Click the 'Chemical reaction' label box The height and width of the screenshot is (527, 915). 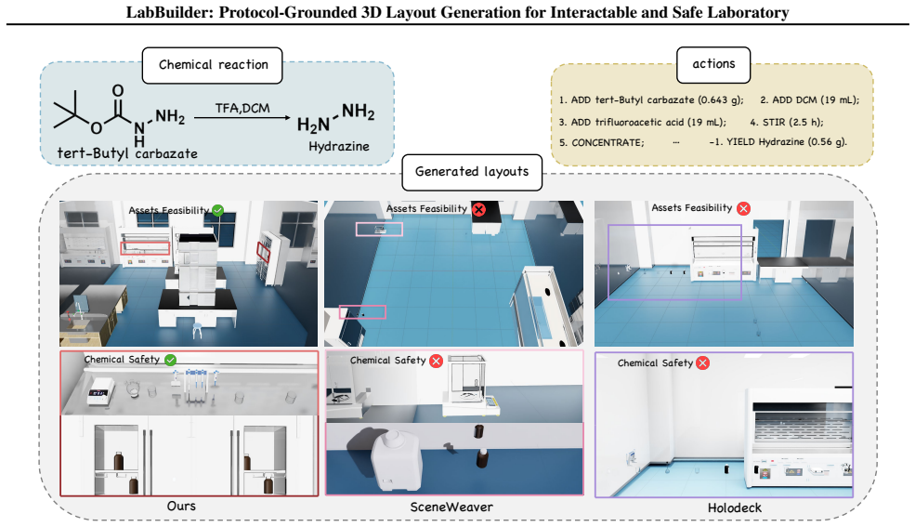(x=213, y=65)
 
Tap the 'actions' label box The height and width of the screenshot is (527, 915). (x=713, y=64)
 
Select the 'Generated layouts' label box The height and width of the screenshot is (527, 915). (x=472, y=172)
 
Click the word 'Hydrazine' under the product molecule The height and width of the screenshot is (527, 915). (x=339, y=147)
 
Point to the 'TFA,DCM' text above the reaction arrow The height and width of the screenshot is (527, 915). (x=242, y=109)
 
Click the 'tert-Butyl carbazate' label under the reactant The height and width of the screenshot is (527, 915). (x=127, y=153)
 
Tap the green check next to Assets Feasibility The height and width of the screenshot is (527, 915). (x=217, y=210)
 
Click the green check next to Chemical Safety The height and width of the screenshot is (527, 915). (x=170, y=360)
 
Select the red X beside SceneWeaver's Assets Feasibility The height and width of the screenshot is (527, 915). (x=478, y=209)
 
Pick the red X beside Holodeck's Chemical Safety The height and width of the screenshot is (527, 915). (x=703, y=363)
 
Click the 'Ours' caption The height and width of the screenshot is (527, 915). (x=181, y=506)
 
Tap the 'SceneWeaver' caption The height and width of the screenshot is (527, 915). (x=451, y=507)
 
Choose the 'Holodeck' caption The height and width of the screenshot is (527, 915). (x=734, y=507)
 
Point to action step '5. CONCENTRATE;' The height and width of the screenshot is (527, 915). (x=602, y=142)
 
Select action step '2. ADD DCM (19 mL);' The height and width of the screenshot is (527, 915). (x=809, y=99)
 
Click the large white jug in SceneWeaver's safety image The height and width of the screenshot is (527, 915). (x=397, y=461)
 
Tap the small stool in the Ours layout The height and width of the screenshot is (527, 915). (x=198, y=330)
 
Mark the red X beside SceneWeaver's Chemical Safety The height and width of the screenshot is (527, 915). (x=436, y=361)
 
